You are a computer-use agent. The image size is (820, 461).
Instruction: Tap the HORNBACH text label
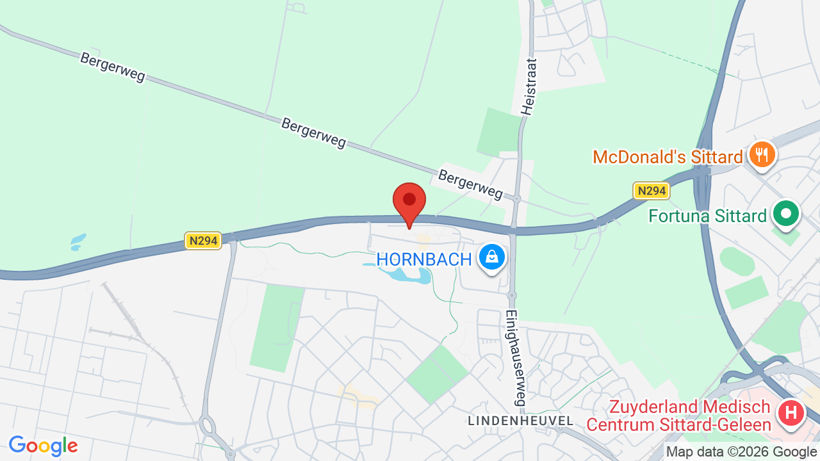(423, 259)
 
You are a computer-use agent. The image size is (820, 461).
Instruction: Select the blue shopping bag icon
(491, 257)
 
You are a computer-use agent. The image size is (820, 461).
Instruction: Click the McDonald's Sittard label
(668, 157)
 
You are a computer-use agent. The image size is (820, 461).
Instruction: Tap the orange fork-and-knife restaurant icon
(762, 154)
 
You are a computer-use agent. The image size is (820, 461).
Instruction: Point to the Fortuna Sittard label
(707, 216)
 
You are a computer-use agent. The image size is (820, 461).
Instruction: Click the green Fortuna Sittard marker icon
(786, 214)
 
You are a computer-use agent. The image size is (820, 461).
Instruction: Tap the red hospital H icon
(791, 412)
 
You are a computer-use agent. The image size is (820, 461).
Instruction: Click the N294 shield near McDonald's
(651, 190)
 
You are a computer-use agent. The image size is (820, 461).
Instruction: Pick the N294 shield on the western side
(203, 241)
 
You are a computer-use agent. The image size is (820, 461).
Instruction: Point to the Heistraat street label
(529, 86)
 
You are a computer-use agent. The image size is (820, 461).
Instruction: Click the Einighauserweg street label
(514, 358)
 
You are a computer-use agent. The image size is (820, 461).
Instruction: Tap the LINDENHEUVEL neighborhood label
(520, 421)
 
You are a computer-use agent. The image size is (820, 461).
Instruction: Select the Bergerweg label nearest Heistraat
(471, 184)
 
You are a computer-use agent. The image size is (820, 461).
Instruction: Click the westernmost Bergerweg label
(113, 67)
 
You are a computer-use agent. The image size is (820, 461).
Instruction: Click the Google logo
(44, 446)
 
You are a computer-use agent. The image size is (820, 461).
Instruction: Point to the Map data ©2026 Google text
(741, 452)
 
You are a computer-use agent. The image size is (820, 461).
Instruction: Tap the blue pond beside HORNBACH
(411, 276)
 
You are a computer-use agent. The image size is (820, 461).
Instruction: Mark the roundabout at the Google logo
(208, 425)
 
